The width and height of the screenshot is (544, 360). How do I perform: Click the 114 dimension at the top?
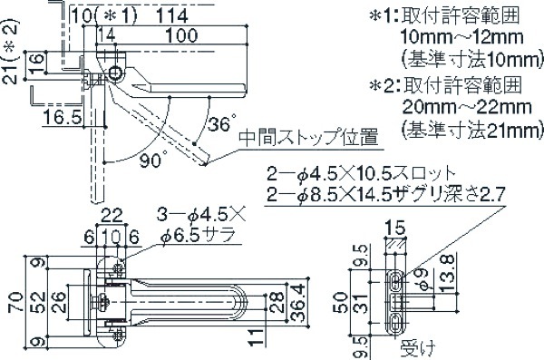(x=171, y=16)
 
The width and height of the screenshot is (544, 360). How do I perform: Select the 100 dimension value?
(x=181, y=35)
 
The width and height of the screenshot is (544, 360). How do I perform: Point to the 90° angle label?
(x=153, y=160)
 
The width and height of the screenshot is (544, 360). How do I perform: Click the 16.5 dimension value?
(x=62, y=117)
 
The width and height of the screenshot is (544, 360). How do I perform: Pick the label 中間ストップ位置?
(x=308, y=138)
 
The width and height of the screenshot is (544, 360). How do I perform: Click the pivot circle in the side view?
(x=114, y=73)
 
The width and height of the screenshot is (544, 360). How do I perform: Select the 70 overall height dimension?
(x=16, y=302)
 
